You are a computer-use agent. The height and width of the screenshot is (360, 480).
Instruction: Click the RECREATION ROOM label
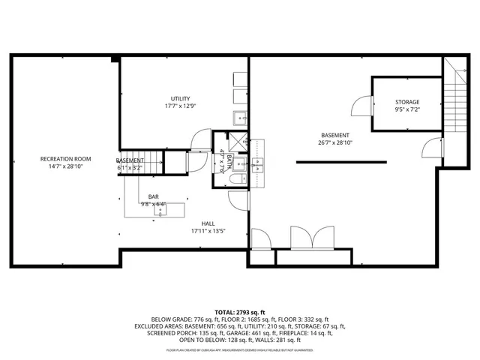pyautogui.click(x=66, y=159)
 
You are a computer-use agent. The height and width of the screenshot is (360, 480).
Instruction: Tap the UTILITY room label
pyautogui.click(x=180, y=98)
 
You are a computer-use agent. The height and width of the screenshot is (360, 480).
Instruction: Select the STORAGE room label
pyautogui.click(x=407, y=102)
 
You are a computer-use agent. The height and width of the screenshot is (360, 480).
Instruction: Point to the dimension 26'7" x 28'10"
pyautogui.click(x=334, y=142)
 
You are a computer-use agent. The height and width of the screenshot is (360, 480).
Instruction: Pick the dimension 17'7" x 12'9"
pyautogui.click(x=180, y=106)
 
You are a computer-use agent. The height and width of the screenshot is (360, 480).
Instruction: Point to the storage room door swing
pyautogui.click(x=363, y=104)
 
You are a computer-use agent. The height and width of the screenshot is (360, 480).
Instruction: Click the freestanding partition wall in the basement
pyautogui.click(x=340, y=161)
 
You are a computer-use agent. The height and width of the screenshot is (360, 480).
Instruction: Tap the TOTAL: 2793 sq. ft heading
pyautogui.click(x=240, y=311)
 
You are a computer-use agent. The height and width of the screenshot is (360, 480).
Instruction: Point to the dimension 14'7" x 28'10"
pyautogui.click(x=66, y=167)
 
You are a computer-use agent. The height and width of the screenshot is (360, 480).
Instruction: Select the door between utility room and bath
pyautogui.click(x=200, y=140)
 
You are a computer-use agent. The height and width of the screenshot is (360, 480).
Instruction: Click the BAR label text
pyautogui.click(x=152, y=196)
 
